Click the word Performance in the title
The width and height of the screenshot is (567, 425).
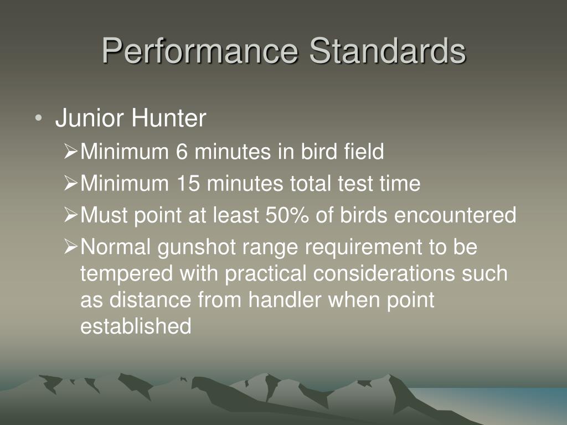click(x=200, y=50)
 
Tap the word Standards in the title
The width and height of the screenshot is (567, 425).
click(x=388, y=50)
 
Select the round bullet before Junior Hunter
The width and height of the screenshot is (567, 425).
click(x=39, y=118)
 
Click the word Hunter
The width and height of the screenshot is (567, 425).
click(x=168, y=118)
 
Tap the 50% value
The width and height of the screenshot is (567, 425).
click(x=287, y=215)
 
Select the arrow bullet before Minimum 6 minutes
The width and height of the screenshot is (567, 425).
click(x=71, y=151)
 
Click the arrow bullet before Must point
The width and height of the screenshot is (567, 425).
click(x=71, y=215)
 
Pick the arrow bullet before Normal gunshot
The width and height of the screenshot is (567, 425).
click(x=71, y=246)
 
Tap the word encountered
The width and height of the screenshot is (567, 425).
click(x=455, y=215)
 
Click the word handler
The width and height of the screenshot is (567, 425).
click(x=285, y=299)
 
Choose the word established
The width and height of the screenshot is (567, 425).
click(x=136, y=326)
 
